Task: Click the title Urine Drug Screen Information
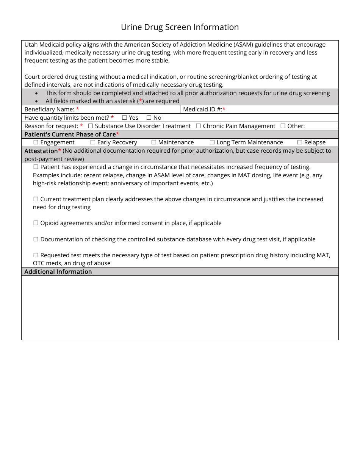tap(180, 27)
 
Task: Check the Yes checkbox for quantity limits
tap(124, 118)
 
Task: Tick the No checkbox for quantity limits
tap(149, 118)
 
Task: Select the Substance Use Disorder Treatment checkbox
tap(91, 126)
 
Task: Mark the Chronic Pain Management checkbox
tap(199, 126)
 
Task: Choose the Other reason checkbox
tap(283, 126)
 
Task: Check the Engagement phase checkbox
tap(36, 142)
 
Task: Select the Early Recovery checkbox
tap(93, 142)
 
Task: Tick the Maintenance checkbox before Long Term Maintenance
tap(154, 142)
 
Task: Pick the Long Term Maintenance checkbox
tap(212, 142)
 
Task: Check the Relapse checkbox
tap(300, 142)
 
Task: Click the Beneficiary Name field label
tap(50, 109)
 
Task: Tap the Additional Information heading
tap(58, 272)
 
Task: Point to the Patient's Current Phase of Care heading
tap(70, 134)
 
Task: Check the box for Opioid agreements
tap(36, 223)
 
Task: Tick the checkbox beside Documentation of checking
tap(36, 239)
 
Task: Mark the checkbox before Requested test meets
tap(36, 255)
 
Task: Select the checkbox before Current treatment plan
tap(36, 199)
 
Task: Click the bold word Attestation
tap(41, 151)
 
